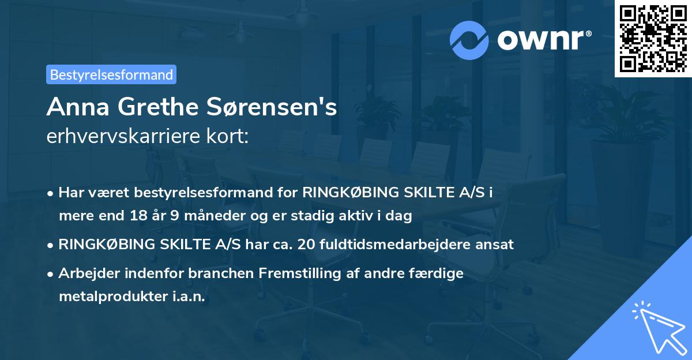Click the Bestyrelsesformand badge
(111, 74)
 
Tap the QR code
(653, 38)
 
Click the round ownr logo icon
(469, 40)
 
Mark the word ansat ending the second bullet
(495, 245)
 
